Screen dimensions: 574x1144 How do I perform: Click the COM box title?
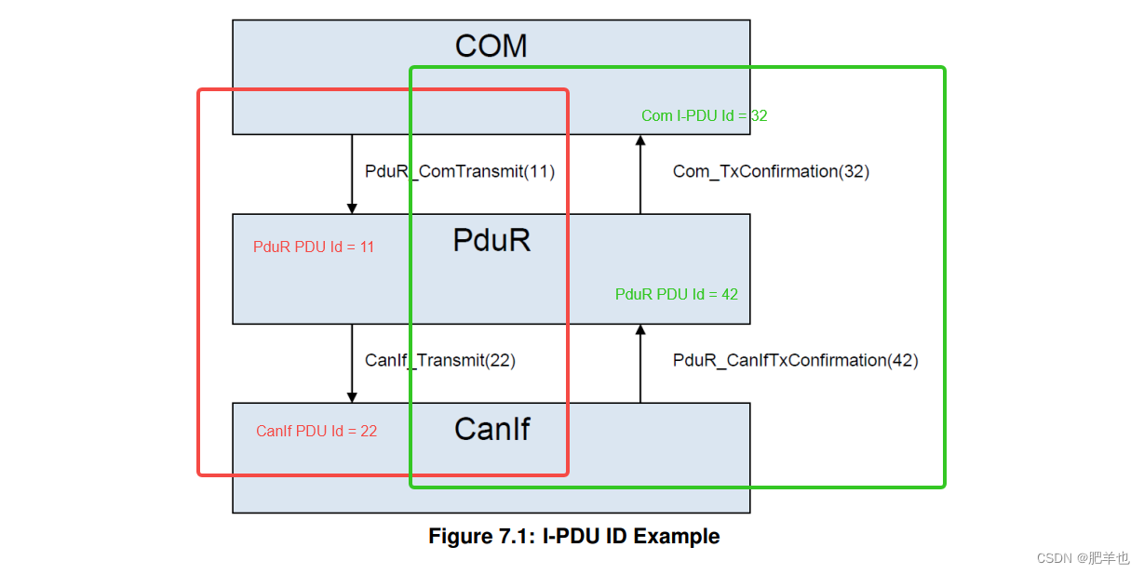click(491, 47)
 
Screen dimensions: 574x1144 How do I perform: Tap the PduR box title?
click(491, 241)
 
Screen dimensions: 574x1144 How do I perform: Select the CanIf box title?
click(491, 429)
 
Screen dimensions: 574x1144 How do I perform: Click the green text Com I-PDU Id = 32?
click(704, 116)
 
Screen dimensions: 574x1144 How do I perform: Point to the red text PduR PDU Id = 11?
click(314, 247)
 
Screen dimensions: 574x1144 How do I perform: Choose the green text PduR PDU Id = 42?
click(676, 295)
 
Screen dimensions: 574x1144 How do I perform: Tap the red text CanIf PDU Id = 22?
click(316, 432)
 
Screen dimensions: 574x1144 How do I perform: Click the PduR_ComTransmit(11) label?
click(459, 172)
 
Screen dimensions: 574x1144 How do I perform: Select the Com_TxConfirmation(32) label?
click(771, 172)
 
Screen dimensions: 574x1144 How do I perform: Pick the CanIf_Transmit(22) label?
click(439, 361)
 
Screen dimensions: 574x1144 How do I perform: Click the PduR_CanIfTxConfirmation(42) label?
click(795, 361)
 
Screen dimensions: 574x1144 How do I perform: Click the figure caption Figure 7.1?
click(573, 537)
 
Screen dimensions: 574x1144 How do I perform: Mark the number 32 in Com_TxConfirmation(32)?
click(854, 172)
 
